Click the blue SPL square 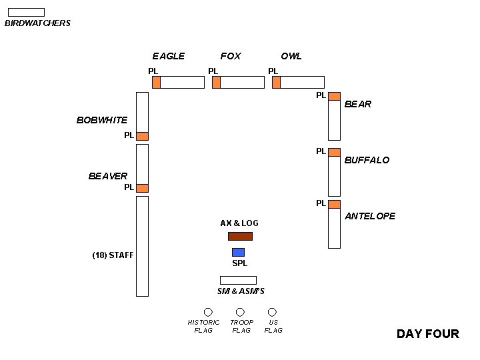(238, 252)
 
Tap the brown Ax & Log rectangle (240, 236)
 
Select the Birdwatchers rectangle (26, 12)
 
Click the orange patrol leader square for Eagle (156, 82)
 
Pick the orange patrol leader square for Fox (216, 82)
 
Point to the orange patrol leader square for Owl (276, 82)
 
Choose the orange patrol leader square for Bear (334, 96)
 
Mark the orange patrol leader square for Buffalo (334, 152)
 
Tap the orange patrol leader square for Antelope (334, 204)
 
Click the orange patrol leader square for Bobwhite (142, 136)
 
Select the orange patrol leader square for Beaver (142, 188)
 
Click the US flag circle (272, 312)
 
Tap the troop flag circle (240, 312)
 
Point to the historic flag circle (208, 312)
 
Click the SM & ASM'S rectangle (238, 280)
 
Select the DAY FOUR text (427, 334)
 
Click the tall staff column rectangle (142, 246)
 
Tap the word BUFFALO (367, 160)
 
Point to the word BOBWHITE (102, 120)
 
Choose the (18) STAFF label (113, 255)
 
